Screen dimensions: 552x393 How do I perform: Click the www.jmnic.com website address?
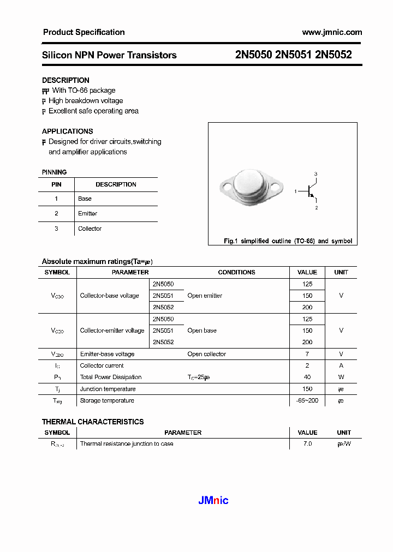pos(331,32)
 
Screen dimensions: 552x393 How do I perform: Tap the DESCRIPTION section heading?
pos(65,80)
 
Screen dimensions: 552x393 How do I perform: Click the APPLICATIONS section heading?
pos(67,131)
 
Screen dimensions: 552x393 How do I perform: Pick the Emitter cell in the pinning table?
pos(87,214)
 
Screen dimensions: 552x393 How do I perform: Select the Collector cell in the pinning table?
pos(90,229)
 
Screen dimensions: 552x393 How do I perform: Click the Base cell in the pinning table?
pos(85,199)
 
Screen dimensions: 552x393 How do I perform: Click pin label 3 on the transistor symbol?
pos(315,173)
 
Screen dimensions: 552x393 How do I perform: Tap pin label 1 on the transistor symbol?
pos(295,192)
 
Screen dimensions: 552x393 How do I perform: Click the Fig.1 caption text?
pos(288,241)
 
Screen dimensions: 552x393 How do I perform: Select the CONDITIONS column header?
pos(236,272)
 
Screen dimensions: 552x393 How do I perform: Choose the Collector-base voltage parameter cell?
pos(109,296)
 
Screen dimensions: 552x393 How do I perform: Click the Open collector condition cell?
pos(206,354)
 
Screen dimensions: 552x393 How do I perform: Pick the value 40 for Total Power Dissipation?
pos(307,377)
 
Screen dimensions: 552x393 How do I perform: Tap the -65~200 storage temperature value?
pos(307,401)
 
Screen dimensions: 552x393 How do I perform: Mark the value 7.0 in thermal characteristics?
pos(307,444)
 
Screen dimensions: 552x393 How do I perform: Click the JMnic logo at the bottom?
pos(212,500)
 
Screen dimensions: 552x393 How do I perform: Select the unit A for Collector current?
pos(341,366)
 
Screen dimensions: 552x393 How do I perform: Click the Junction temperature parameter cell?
pos(108,389)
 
